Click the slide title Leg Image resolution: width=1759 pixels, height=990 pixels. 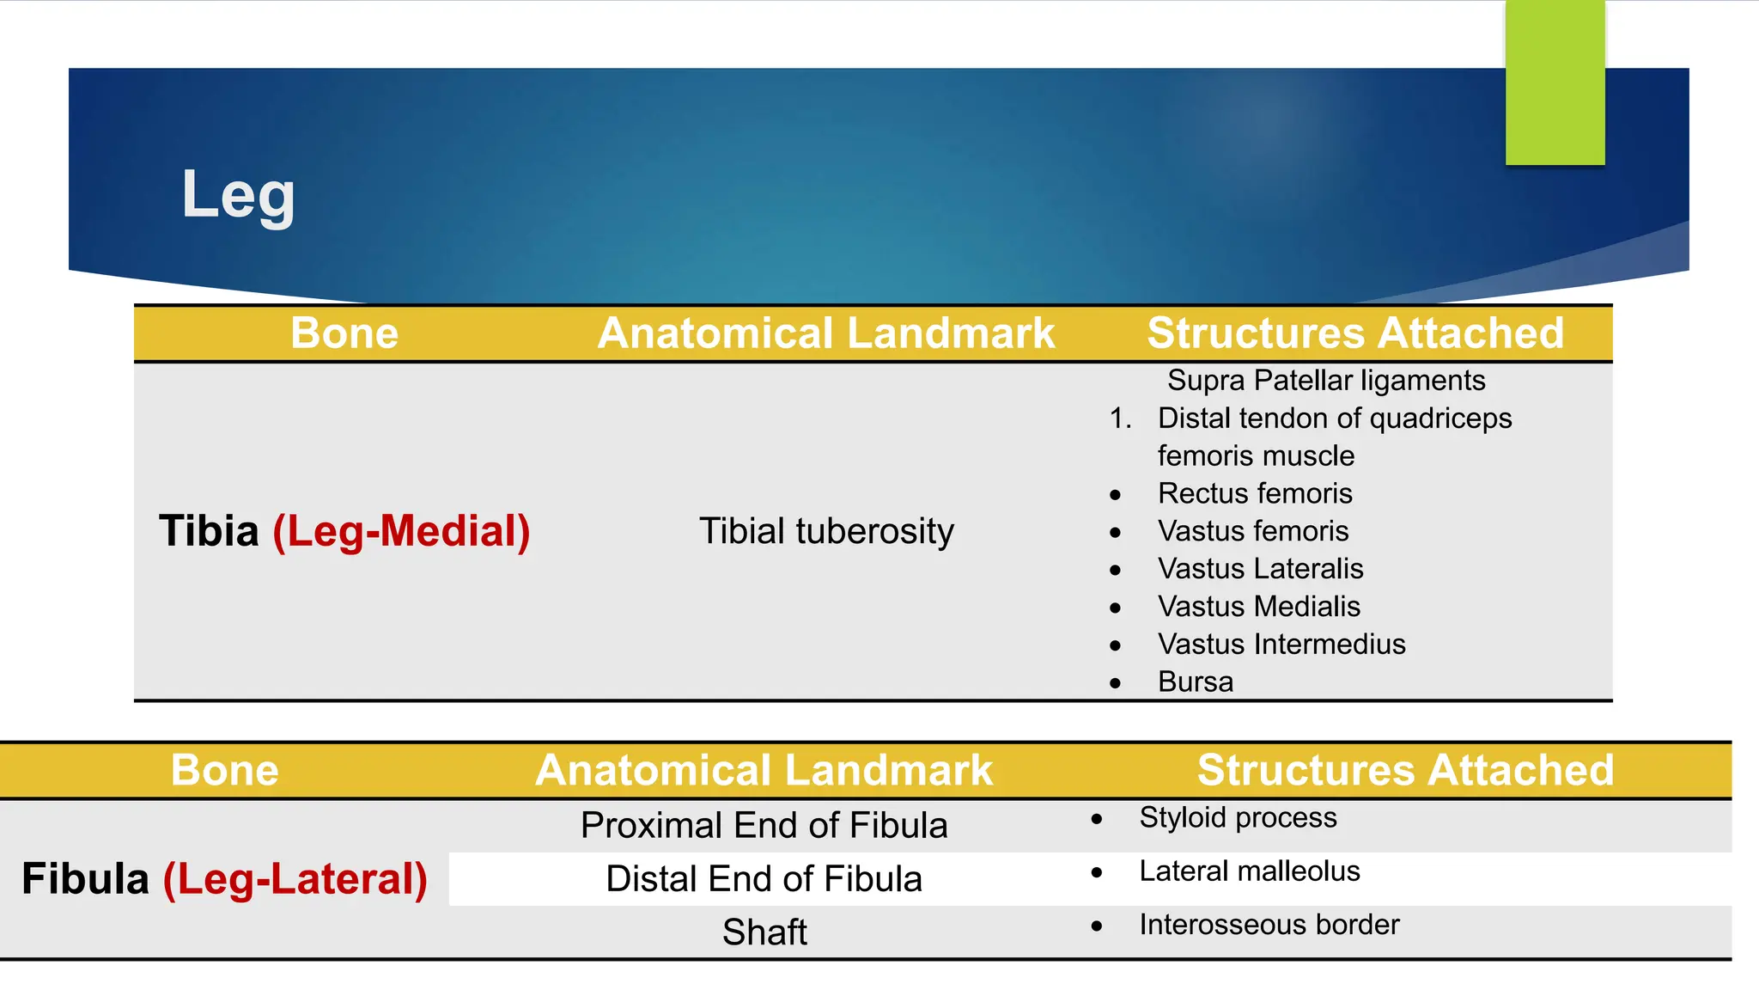pos(238,195)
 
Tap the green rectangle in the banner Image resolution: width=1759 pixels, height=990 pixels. pos(1555,82)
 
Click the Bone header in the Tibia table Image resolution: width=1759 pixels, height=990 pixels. pos(344,333)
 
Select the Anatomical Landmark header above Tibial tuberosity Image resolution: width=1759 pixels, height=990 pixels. pos(826,333)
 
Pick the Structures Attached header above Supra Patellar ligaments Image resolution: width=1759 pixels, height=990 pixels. pos(1355,333)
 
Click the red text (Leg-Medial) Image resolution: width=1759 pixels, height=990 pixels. pos(401,531)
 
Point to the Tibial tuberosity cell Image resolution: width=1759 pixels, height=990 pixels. pos(826,531)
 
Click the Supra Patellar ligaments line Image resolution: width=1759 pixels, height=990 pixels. pos(1326,380)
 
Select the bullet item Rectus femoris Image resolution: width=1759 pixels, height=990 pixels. pos(1255,493)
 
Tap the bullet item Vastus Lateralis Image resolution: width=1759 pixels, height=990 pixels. pos(1260,569)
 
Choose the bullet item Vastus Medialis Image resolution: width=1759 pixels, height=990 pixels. pos(1259,607)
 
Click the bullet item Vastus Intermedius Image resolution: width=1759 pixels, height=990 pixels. pos(1281,645)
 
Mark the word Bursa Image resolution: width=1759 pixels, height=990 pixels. pos(1196,682)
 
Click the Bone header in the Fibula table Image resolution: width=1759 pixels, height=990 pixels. pos(225,770)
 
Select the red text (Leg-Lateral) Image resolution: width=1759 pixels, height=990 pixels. pos(295,879)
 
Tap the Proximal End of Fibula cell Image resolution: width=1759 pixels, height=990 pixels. pos(764,826)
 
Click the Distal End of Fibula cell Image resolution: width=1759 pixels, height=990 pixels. pos(764,879)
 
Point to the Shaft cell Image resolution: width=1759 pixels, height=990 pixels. pos(764,932)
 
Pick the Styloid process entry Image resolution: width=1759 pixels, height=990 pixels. pos(1238,817)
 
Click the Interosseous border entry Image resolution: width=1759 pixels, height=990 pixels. pos(1269,925)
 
